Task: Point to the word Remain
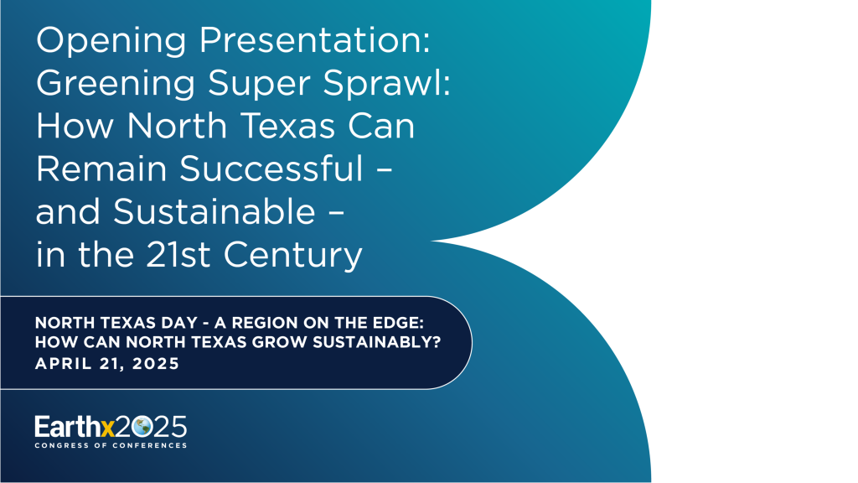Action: click(x=101, y=170)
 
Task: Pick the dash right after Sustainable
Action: click(x=334, y=214)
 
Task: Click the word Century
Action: click(x=299, y=256)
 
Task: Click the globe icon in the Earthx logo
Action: click(x=140, y=427)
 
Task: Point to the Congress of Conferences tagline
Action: click(x=111, y=445)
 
